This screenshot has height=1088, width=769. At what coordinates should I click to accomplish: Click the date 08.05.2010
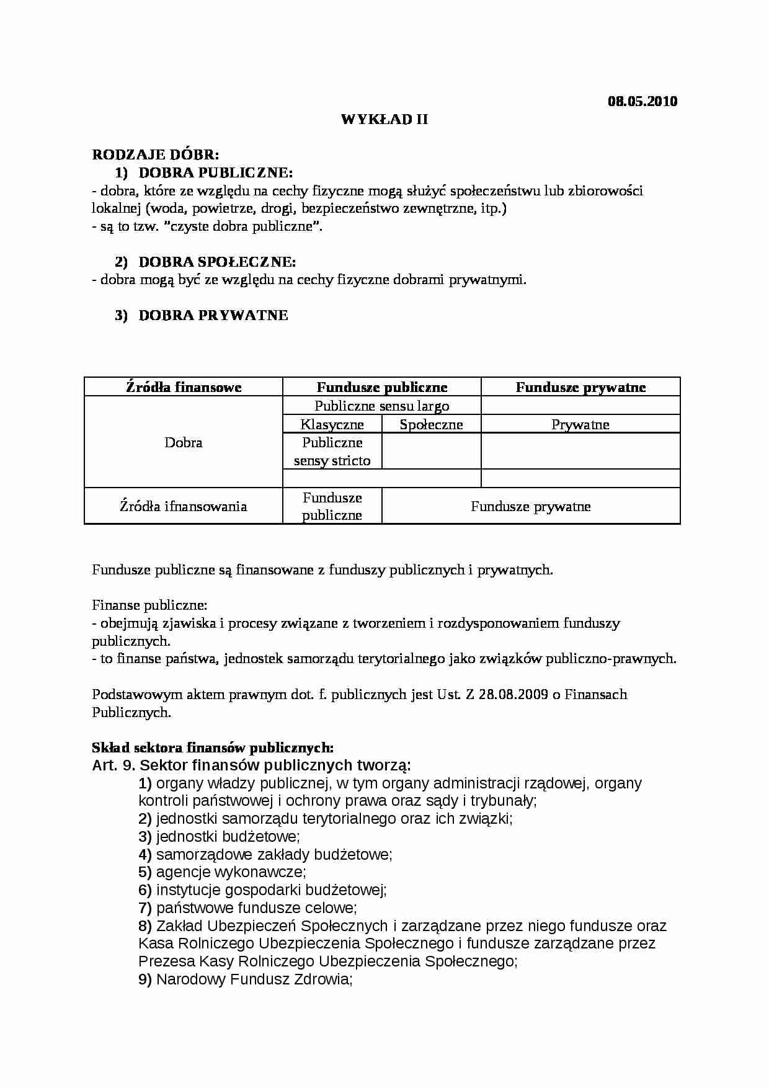(642, 101)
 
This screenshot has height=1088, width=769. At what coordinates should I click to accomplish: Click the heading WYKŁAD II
(384, 119)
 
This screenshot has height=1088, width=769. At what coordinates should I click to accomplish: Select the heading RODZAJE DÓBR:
(155, 154)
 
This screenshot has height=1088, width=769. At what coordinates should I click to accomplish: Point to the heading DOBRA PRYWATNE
(213, 315)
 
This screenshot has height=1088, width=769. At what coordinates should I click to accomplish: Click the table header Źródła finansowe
(184, 388)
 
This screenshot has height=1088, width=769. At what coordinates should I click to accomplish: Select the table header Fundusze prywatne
(580, 388)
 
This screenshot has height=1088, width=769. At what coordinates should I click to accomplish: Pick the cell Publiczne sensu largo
(382, 406)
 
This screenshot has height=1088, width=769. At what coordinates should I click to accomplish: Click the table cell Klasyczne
(332, 425)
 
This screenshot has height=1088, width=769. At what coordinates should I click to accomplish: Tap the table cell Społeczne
(431, 425)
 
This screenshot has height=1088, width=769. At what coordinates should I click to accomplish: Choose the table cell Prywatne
(580, 425)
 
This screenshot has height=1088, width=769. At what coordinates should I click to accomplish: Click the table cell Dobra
(184, 443)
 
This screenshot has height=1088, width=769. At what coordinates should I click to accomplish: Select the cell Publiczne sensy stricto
(332, 452)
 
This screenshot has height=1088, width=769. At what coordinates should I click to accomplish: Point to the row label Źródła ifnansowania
(184, 506)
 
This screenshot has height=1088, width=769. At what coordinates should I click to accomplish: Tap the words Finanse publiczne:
(149, 605)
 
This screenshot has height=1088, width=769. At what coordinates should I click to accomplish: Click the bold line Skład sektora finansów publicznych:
(213, 748)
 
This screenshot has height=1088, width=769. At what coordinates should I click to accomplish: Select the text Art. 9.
(113, 765)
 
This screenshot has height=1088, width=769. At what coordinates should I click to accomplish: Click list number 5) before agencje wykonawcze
(145, 872)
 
